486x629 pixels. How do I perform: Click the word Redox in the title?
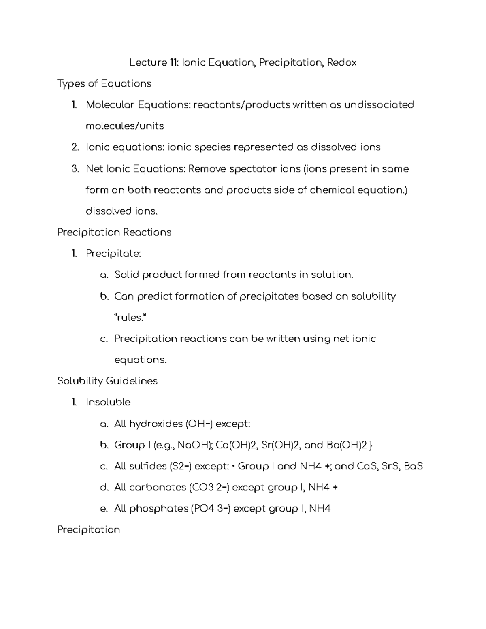(x=342, y=63)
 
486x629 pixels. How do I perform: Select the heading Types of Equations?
(x=104, y=84)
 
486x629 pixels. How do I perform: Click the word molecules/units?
(x=125, y=126)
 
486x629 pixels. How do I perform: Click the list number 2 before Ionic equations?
(x=74, y=147)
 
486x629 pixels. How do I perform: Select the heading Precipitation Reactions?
(x=114, y=232)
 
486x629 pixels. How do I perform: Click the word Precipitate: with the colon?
(x=113, y=254)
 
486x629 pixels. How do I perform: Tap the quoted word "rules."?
(x=129, y=318)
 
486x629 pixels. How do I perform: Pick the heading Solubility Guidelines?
(x=107, y=381)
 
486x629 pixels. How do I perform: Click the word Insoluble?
(x=108, y=403)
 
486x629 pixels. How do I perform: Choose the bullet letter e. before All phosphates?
(x=103, y=509)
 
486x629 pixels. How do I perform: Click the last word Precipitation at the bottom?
(x=89, y=530)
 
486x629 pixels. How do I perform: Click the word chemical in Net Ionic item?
(x=332, y=190)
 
